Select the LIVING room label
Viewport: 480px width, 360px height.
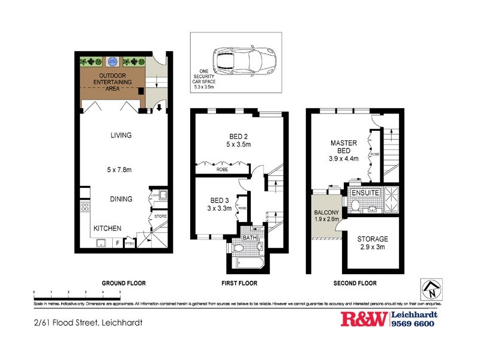click(x=121, y=136)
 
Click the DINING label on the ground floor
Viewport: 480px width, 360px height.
click(x=121, y=199)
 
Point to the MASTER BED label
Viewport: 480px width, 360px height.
click(x=344, y=147)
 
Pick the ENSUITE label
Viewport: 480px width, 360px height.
click(x=365, y=193)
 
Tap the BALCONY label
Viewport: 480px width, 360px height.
click(x=326, y=213)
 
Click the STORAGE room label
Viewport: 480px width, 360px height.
click(x=373, y=239)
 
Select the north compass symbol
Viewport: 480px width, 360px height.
click(x=433, y=290)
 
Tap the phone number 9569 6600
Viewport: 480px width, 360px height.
click(x=414, y=324)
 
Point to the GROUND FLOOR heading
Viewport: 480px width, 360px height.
click(x=124, y=283)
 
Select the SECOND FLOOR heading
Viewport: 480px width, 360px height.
click(x=356, y=283)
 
